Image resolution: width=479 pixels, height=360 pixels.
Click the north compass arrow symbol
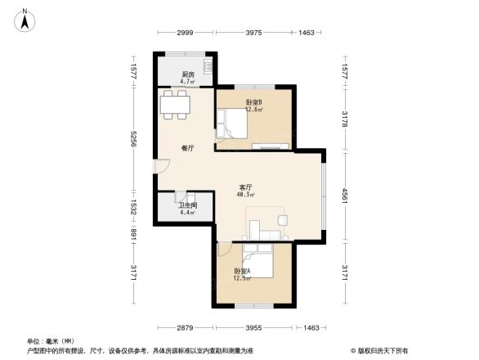(25, 19)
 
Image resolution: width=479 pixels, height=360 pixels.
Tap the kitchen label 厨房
(187, 74)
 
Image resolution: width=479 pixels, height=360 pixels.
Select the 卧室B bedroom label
(253, 102)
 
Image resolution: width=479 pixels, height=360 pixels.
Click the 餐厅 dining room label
(187, 149)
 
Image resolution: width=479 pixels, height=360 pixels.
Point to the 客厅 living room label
(244, 187)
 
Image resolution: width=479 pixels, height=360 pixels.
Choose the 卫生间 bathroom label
(188, 205)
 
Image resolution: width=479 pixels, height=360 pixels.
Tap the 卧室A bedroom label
(243, 271)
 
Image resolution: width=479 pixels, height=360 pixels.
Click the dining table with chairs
(176, 104)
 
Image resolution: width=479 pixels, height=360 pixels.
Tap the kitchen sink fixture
(208, 65)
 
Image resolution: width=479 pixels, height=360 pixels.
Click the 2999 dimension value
(185, 33)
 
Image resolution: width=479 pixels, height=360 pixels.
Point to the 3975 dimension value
(253, 33)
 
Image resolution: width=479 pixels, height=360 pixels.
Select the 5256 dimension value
(133, 140)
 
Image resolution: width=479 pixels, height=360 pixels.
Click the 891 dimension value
(133, 232)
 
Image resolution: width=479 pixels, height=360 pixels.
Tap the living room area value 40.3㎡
(244, 196)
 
